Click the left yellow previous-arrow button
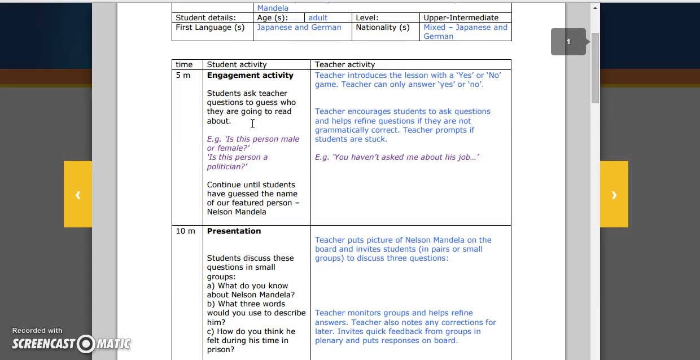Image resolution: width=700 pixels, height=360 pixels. [78, 194]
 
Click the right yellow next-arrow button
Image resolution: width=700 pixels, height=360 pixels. [614, 194]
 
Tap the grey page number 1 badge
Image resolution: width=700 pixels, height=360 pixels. [568, 42]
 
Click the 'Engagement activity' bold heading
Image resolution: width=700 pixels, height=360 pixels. [250, 75]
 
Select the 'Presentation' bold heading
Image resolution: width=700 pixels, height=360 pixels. [234, 231]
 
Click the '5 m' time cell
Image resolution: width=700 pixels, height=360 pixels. [183, 75]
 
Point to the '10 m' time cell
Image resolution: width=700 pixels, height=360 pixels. [185, 231]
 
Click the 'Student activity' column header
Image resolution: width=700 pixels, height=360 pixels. [237, 64]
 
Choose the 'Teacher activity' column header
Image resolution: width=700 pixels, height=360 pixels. [345, 64]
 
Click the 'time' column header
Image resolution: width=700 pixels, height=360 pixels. [184, 64]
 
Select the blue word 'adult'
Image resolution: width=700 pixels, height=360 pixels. [318, 17]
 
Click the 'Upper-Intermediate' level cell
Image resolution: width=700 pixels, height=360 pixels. [461, 17]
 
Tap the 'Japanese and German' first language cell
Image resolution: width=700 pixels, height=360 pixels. [299, 27]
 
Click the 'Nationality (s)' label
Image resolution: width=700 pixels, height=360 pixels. [383, 27]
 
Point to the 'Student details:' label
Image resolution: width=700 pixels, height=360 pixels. [205, 17]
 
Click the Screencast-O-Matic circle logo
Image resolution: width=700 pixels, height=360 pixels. [86, 343]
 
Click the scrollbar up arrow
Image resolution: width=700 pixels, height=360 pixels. [595, 7]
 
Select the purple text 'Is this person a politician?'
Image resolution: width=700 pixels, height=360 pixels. [237, 161]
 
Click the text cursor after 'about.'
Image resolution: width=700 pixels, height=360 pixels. [252, 123]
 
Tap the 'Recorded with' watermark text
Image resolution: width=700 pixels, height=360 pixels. [37, 331]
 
